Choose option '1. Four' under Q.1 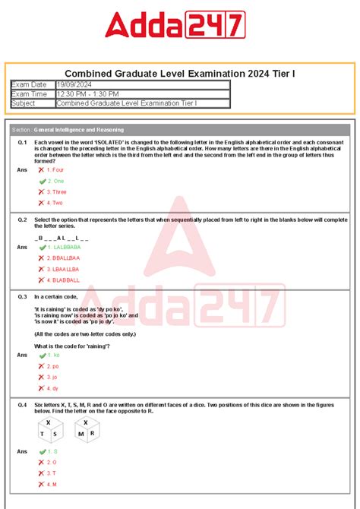(55, 170)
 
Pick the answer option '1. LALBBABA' (63, 247)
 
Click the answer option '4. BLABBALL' (63, 280)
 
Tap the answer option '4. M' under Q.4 (52, 484)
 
